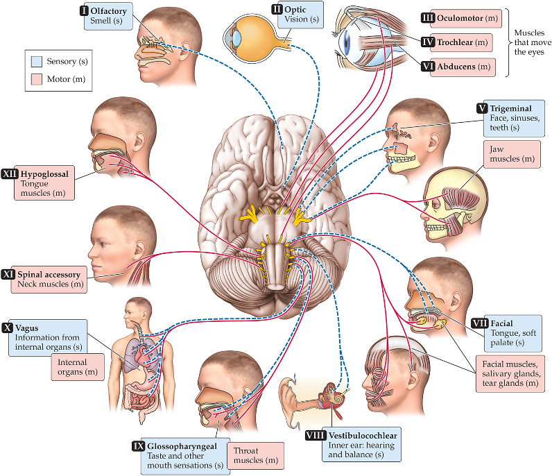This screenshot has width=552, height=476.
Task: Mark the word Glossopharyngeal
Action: pyautogui.click(x=183, y=445)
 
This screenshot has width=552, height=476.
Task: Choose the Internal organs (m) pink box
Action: pyautogui.click(x=77, y=366)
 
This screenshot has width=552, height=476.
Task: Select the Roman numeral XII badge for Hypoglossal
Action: pyautogui.click(x=10, y=175)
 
